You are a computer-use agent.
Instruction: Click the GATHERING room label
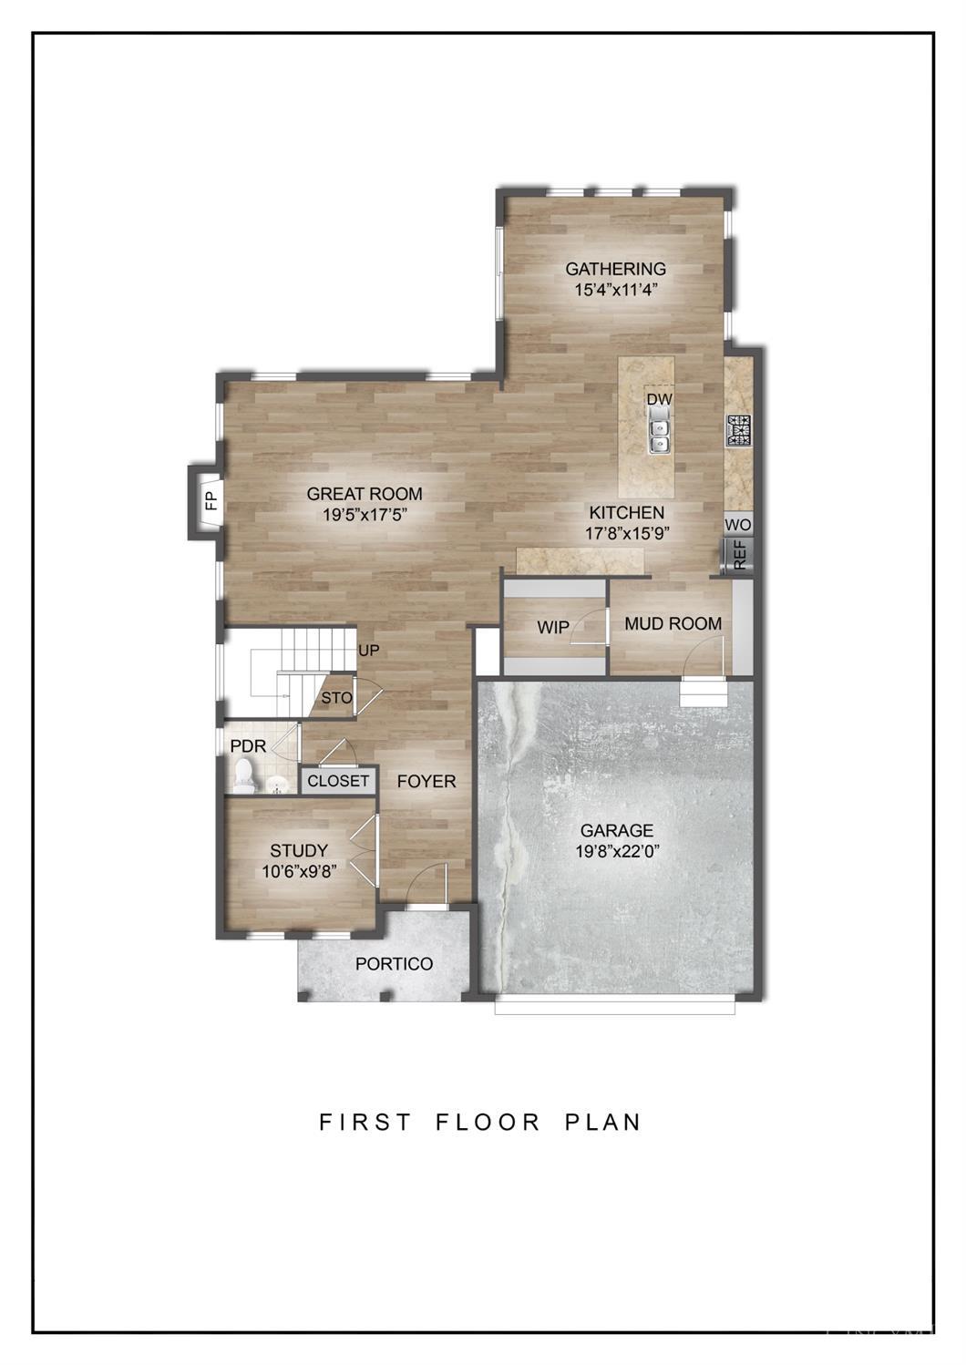(x=615, y=269)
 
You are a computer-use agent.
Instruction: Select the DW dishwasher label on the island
(x=660, y=400)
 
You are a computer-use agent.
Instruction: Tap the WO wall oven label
(x=738, y=525)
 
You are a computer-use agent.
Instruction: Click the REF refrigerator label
(x=740, y=555)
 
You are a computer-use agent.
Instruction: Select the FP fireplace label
(x=211, y=500)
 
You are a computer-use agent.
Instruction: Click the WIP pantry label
(x=553, y=627)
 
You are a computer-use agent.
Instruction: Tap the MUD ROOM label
(x=673, y=623)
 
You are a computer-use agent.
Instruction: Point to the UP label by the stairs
(x=369, y=651)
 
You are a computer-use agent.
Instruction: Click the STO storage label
(x=337, y=698)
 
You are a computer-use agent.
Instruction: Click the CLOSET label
(x=338, y=781)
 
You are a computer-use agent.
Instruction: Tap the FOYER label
(x=426, y=781)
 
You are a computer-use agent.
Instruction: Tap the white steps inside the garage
(x=704, y=693)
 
